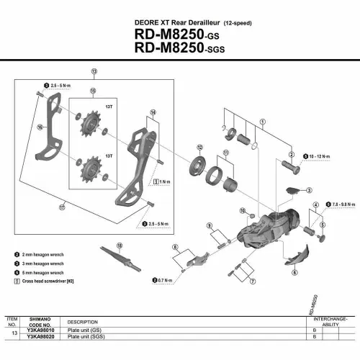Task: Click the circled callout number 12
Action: pyautogui.click(x=199, y=147)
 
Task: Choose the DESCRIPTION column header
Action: pyautogui.click(x=83, y=322)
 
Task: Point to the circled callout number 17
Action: pyautogui.click(x=63, y=207)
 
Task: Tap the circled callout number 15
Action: pyautogui.click(x=92, y=91)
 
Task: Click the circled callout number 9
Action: pyautogui.click(x=208, y=226)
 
